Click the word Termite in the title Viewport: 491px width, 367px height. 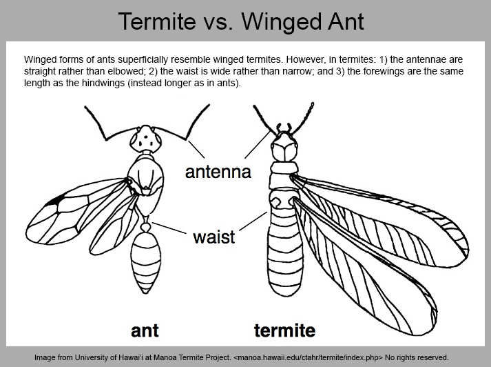click(157, 21)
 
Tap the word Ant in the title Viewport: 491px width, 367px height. click(346, 21)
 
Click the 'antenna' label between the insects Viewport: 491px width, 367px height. click(218, 172)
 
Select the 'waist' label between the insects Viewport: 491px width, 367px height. click(214, 237)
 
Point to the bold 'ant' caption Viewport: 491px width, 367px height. click(145, 330)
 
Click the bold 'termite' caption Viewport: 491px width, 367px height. click(284, 330)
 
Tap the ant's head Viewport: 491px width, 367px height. click(145, 139)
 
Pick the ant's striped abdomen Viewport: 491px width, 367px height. click(145, 263)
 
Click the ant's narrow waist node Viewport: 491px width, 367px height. click(145, 226)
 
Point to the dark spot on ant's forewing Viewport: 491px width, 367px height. click(55, 200)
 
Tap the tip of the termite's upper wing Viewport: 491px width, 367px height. click(468, 249)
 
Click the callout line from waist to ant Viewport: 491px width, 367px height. click(169, 228)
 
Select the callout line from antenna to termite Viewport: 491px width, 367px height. click(258, 144)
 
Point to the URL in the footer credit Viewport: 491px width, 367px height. click(308, 357)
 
